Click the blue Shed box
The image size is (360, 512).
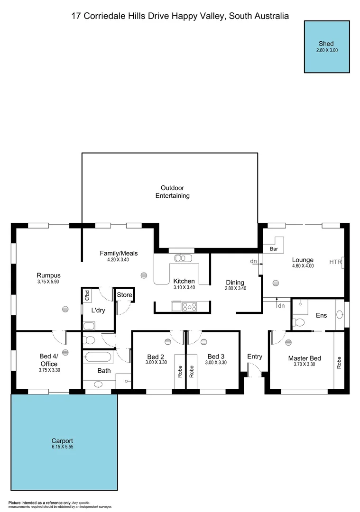pyautogui.click(x=327, y=46)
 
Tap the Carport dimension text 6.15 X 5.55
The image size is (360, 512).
pyautogui.click(x=63, y=447)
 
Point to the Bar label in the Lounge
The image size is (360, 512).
pyautogui.click(x=274, y=248)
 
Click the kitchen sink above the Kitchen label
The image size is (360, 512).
pyautogui.click(x=182, y=258)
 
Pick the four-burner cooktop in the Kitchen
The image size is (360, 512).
pyautogui.click(x=190, y=307)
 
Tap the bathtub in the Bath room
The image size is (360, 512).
pyautogui.click(x=98, y=356)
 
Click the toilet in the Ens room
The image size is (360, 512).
pyautogui.click(x=299, y=322)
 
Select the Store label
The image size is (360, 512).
pyautogui.click(x=124, y=295)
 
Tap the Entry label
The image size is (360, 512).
pyautogui.click(x=255, y=357)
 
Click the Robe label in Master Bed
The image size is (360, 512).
pyautogui.click(x=339, y=363)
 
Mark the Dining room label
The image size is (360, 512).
pyautogui.click(x=234, y=283)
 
